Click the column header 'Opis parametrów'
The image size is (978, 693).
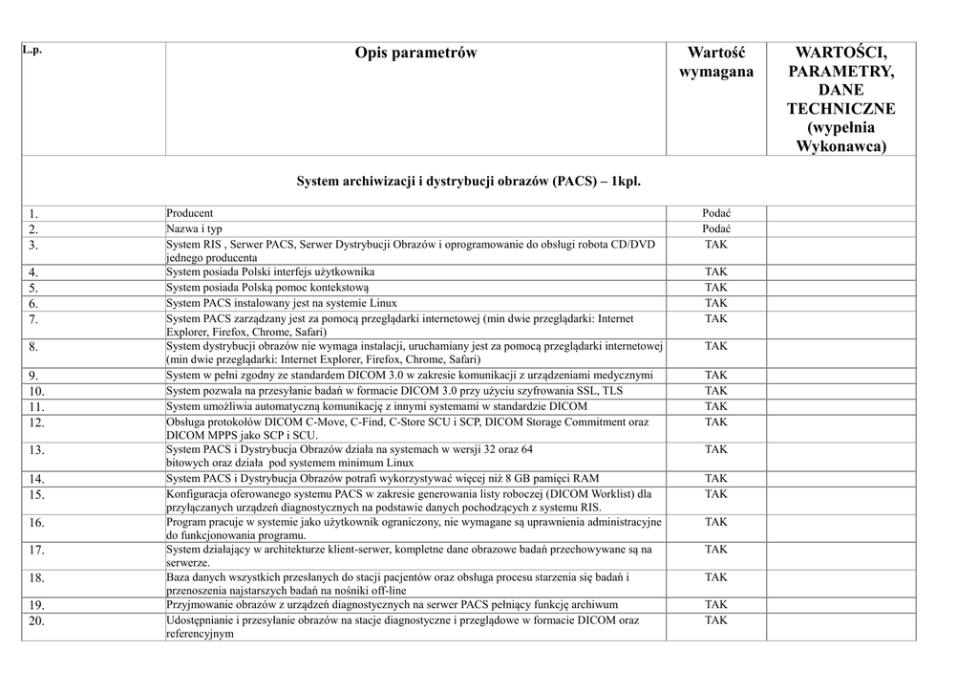[415, 54]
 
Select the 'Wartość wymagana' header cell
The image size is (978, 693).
[715, 62]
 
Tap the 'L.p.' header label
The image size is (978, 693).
[32, 50]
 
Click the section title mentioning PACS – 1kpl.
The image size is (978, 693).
[468, 180]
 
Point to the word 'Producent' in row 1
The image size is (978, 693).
[190, 213]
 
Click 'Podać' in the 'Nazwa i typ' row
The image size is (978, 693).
[715, 229]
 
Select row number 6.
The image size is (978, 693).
[33, 304]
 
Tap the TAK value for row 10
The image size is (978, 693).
[715, 391]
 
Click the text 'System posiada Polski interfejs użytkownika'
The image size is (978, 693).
[270, 272]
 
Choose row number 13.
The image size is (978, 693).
[36, 450]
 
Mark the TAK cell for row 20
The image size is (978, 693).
[715, 620]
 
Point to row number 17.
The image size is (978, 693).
[36, 551]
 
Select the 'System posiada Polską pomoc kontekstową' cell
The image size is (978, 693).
[267, 288]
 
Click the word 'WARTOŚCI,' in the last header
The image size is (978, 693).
[840, 54]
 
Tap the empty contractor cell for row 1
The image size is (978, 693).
[840, 213]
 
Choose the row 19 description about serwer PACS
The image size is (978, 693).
[392, 604]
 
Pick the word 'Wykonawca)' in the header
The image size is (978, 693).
[840, 146]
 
